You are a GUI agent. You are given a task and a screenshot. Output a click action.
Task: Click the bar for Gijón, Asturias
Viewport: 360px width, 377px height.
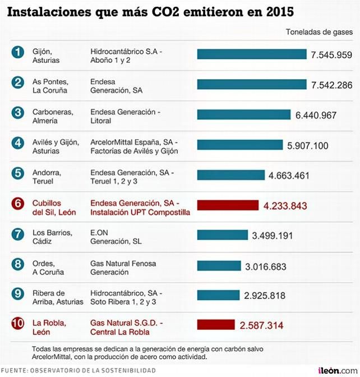point(252,54)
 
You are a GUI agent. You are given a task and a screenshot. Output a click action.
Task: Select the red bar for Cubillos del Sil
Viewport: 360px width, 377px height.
point(228,205)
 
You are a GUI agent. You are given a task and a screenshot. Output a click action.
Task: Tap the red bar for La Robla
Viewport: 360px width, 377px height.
point(216,325)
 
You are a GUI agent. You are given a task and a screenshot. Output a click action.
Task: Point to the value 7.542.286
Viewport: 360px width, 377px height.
point(332,85)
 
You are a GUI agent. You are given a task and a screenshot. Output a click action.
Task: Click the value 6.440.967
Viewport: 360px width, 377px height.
point(316,115)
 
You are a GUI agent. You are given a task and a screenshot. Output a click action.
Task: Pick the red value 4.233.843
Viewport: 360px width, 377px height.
point(285,205)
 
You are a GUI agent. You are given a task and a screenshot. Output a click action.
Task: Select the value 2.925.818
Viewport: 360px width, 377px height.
point(265,295)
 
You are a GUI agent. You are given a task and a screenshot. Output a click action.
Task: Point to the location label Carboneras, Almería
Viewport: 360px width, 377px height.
point(52,116)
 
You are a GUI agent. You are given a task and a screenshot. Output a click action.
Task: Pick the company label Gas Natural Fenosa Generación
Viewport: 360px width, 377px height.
point(123,268)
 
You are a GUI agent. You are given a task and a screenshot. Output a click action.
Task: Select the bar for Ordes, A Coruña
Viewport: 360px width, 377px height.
point(219,265)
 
